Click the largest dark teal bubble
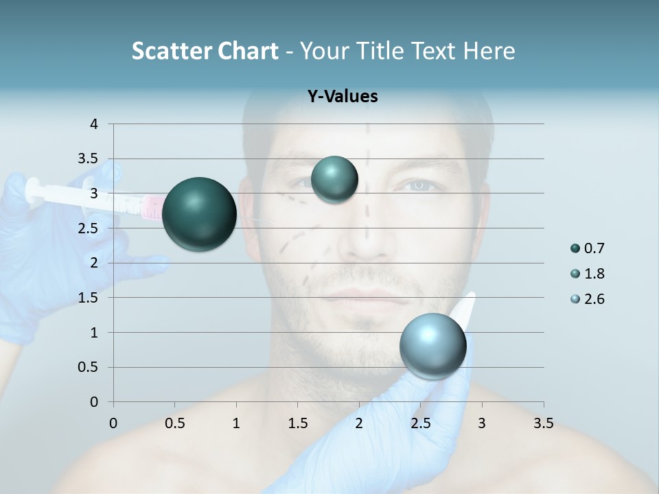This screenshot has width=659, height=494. [199, 214]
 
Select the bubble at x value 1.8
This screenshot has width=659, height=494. [334, 179]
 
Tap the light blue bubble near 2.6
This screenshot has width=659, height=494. [432, 346]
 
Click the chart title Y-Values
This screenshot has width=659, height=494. [342, 97]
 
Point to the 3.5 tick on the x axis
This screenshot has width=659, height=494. [543, 423]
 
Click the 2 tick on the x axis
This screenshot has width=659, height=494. [359, 423]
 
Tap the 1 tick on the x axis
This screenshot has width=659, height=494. [236, 423]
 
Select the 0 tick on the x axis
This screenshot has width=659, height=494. [113, 423]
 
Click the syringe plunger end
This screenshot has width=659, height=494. [30, 191]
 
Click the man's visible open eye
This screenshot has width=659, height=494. [417, 185]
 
